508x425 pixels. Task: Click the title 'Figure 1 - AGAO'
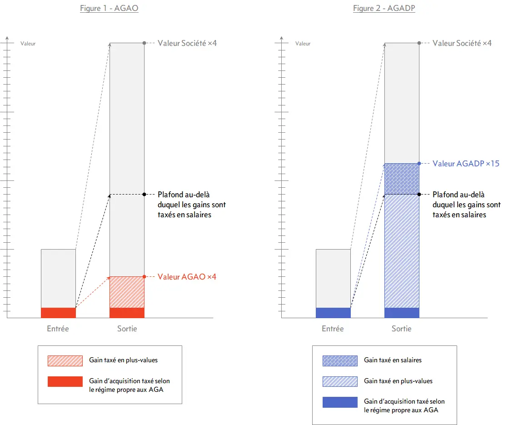[109, 9]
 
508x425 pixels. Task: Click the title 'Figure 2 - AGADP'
[384, 9]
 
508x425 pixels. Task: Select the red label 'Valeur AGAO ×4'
[187, 276]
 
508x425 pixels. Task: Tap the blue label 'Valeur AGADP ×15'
[466, 163]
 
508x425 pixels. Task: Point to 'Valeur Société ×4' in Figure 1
[187, 43]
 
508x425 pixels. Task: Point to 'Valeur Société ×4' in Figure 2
[462, 43]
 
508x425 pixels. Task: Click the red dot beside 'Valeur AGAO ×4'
[144, 276]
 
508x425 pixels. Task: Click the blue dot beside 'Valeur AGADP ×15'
[419, 163]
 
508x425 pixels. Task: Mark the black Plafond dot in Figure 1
[144, 194]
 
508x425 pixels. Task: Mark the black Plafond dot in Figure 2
[419, 194]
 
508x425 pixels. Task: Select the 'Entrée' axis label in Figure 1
[58, 328]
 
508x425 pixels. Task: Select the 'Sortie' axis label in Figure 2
[402, 328]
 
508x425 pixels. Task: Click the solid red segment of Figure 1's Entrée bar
[58, 313]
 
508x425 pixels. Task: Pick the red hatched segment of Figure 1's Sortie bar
[127, 292]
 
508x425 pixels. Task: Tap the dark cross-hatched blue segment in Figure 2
[402, 179]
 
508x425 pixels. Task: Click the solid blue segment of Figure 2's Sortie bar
[402, 313]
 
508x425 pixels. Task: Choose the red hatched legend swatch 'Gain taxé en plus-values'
[65, 360]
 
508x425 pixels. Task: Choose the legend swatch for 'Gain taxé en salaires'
[340, 360]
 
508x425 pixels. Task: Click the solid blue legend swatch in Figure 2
[340, 402]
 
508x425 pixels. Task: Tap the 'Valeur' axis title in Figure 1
[28, 44]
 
